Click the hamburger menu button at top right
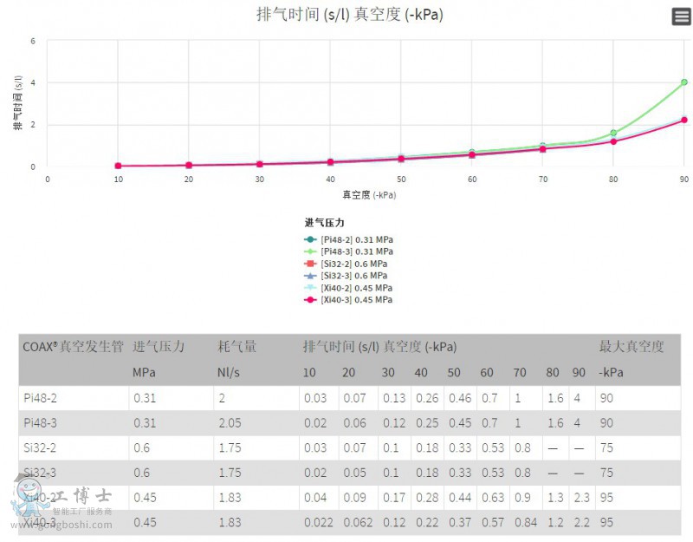coord(681,16)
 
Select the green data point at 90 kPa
coord(683,82)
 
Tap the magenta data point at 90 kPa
coord(683,120)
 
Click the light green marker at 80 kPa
coord(613,133)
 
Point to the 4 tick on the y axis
coord(32,82)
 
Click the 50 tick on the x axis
coord(401,179)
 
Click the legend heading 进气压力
coord(324,223)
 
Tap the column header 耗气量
coord(236,347)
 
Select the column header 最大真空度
coord(631,347)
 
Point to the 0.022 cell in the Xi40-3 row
coord(316,523)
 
